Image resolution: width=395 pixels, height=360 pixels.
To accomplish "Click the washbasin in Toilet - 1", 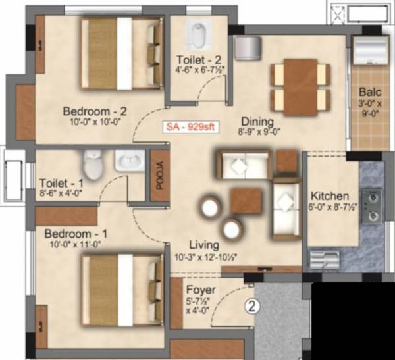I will point(125,162).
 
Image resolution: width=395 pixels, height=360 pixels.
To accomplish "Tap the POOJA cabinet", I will point(159,176).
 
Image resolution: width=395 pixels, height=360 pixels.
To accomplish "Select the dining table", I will point(300,84).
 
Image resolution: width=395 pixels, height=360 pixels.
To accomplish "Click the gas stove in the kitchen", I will point(371,205).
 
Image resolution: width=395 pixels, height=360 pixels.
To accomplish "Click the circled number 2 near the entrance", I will point(251,305).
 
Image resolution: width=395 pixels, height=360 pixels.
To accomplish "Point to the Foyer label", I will point(198,290).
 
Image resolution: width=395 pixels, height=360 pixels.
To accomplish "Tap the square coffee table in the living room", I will point(246,199).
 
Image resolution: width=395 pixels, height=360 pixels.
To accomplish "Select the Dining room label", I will point(253,121).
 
